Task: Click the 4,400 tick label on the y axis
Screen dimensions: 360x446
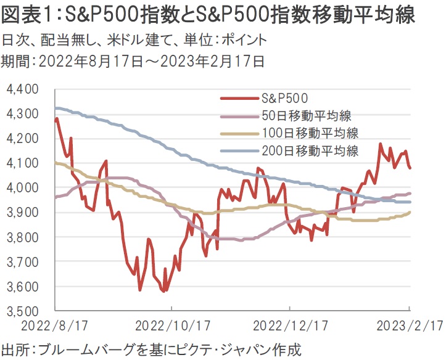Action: click(x=22, y=89)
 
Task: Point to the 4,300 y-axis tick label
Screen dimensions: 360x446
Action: click(x=22, y=114)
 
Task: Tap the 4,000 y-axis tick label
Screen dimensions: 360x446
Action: click(x=22, y=188)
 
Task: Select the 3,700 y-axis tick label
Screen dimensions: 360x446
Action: click(x=22, y=262)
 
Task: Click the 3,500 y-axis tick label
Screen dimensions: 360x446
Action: click(x=22, y=311)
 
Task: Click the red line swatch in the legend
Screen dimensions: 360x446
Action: click(x=239, y=97)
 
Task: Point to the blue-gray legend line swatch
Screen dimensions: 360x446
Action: click(x=239, y=150)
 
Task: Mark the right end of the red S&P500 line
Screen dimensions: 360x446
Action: click(x=410, y=168)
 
